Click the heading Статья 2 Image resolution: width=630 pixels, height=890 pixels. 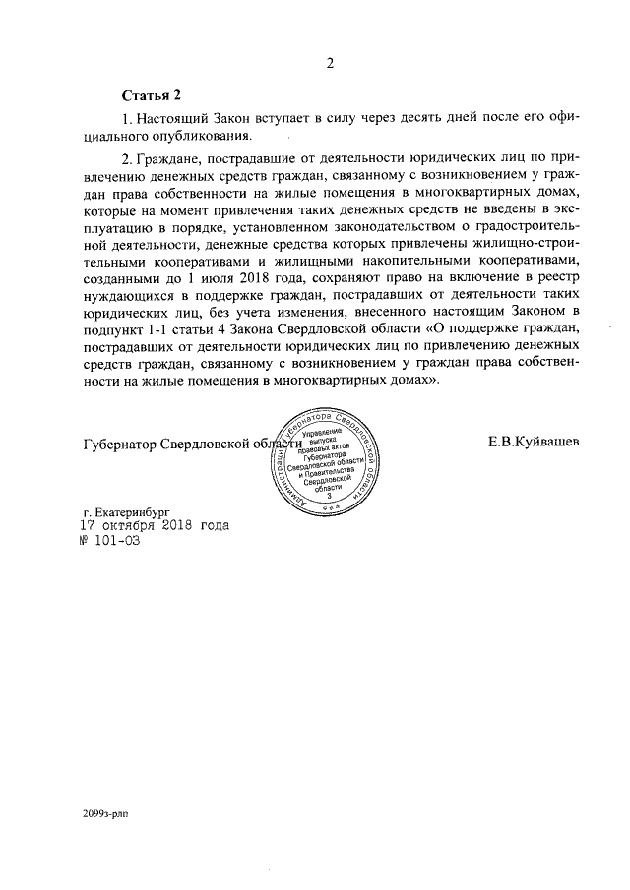point(152,95)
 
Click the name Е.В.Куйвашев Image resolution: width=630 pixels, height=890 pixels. point(533,442)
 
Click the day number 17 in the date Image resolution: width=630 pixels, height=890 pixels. point(87,525)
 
